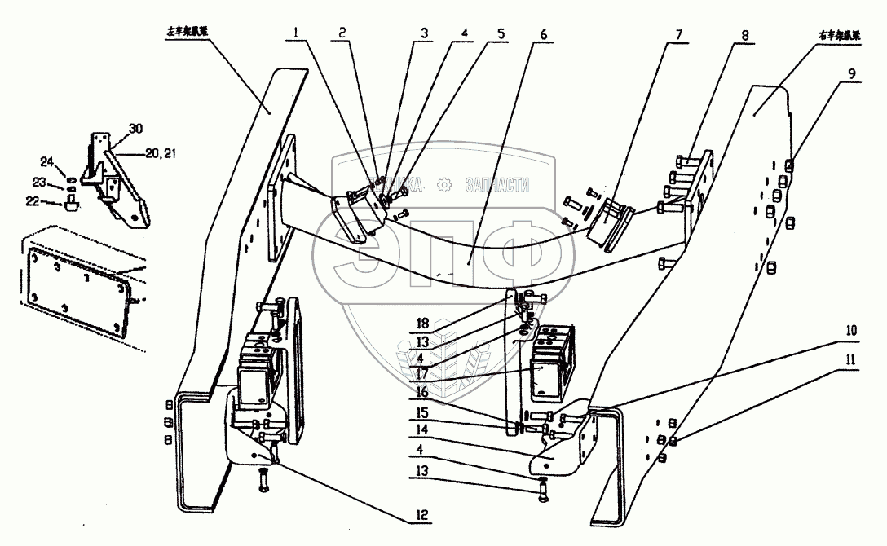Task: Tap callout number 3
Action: point(425,34)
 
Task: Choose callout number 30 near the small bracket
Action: point(135,129)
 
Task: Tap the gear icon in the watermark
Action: point(443,185)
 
